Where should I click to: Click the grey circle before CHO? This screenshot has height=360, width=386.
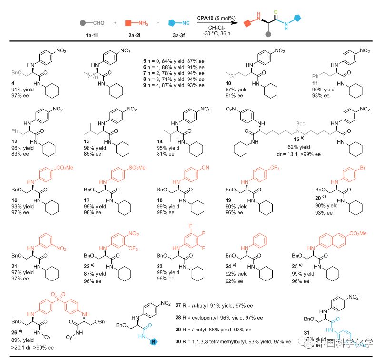[x=83, y=23]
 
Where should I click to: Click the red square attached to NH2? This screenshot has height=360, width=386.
[x=128, y=23]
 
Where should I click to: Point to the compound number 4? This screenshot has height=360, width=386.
[x=13, y=81]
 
